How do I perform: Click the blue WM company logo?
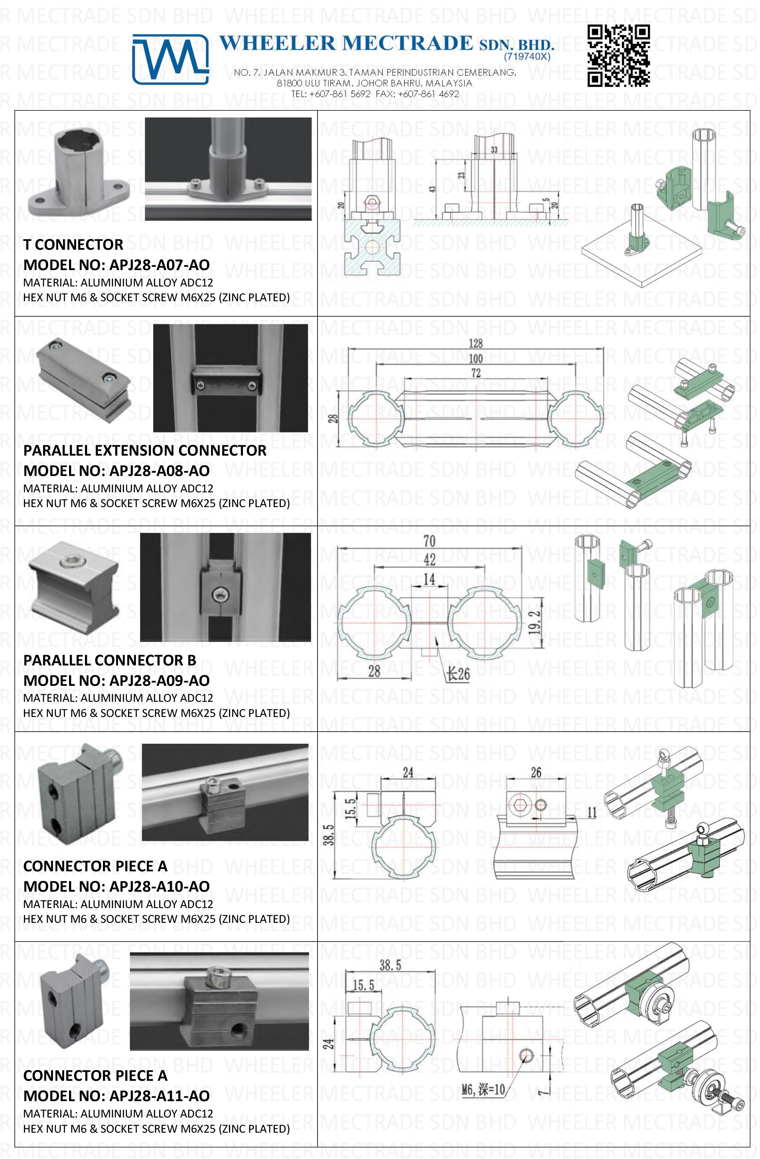170,59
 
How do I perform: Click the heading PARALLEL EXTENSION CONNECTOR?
144,450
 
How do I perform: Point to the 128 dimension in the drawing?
475,344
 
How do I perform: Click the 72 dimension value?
476,373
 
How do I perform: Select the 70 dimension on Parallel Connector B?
429,541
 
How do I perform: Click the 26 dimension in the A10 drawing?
535,772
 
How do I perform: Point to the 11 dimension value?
592,812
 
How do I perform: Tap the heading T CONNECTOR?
73,245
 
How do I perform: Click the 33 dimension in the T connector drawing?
494,150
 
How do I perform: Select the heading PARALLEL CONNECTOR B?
110,660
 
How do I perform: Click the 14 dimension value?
429,579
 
